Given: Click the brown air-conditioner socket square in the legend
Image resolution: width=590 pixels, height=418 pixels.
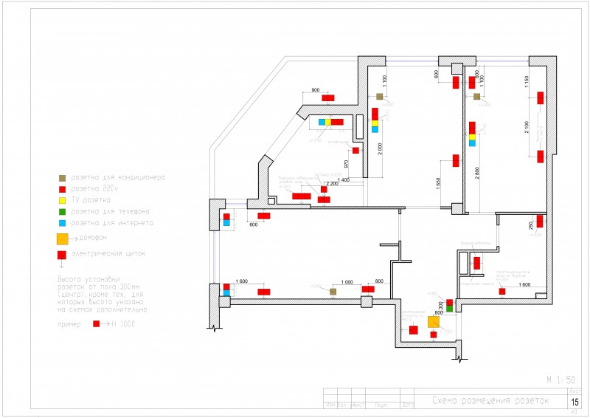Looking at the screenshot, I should coord(62,178).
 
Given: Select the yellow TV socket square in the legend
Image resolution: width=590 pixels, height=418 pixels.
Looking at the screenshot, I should coord(62,200).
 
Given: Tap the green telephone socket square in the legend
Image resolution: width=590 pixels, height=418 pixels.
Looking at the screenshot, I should coord(62,211).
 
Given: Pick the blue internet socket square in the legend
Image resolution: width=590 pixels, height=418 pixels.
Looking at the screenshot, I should coord(62,222).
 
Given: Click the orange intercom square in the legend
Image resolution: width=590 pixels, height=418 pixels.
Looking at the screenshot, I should coord(63,239).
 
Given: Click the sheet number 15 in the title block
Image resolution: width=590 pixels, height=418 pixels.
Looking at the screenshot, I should coord(575,402).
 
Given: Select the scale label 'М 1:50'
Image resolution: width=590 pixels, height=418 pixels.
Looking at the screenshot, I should coord(560,380).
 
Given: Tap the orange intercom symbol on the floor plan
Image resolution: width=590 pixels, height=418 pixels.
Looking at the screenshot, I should coord(434,321).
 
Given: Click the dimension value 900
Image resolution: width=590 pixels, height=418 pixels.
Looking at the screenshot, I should coord(316,90).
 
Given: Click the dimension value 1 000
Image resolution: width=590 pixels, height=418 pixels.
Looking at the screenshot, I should coord(347,281).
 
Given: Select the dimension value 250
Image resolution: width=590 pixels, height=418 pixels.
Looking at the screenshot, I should coord(530,225).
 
